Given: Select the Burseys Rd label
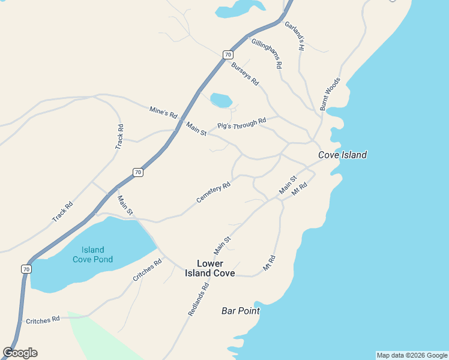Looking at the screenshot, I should (x=245, y=73).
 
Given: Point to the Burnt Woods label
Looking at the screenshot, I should (x=330, y=94).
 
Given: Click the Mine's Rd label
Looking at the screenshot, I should (x=163, y=112).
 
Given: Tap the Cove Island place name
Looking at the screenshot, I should (x=342, y=155).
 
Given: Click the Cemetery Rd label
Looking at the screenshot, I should (x=214, y=193).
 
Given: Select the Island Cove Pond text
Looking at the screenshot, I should (x=93, y=254).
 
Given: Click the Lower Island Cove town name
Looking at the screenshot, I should (x=210, y=268).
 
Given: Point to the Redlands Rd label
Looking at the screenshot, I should (x=198, y=299).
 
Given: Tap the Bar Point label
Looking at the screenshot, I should (x=240, y=311).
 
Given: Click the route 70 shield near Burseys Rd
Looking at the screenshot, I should (x=228, y=55).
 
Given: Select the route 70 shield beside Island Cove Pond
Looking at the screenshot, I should (x=25, y=269).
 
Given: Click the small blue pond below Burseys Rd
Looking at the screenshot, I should (x=221, y=100).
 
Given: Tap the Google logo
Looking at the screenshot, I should (x=20, y=353).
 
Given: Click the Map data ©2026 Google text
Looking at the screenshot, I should (x=412, y=355).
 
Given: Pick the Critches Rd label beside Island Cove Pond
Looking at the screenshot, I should (x=148, y=270).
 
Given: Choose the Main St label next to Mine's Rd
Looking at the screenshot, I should (x=196, y=128).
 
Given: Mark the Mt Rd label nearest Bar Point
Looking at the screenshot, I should (x=269, y=262).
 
